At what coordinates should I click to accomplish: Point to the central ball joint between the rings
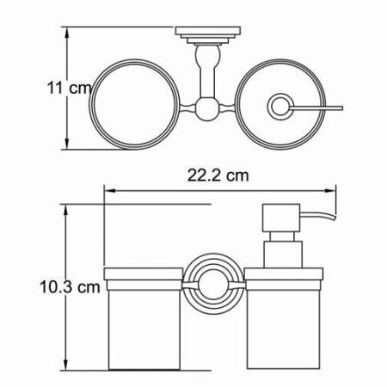(206, 109)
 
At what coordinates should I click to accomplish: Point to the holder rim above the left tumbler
(143, 276)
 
